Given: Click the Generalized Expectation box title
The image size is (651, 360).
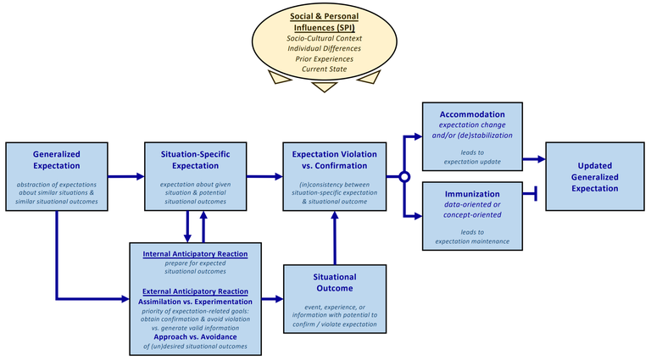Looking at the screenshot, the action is coord(57,160).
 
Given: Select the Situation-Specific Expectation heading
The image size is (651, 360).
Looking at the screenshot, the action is coord(195,160).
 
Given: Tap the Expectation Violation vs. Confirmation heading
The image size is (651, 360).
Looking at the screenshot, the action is coord(334,160).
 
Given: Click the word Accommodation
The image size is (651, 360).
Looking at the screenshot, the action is coord(472,114).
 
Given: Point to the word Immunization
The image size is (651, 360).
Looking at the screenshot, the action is coord(472,194).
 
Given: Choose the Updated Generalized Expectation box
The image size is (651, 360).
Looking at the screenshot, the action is coord(595,177).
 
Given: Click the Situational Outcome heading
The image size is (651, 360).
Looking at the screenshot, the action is coord(335,282).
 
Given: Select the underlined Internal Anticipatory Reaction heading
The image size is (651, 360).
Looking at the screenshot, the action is coord(195,254).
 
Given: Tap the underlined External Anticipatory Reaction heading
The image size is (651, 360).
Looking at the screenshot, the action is coord(195,291).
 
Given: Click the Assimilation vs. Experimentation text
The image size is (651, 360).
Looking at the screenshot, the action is coord(195,302).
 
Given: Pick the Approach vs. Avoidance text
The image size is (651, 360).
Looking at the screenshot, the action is coord(195,337).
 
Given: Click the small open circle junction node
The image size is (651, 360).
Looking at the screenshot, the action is coord(404,177).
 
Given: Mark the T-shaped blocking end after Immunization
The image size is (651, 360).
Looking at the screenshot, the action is coord(536,194).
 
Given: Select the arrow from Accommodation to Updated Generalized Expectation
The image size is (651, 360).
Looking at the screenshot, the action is coord(534,159).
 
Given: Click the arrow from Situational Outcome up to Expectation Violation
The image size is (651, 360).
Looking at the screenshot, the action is coord(335,238).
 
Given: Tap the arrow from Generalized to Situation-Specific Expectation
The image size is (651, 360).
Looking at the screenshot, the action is coord(125,177).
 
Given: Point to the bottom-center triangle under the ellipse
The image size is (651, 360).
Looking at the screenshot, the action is coord(325,86).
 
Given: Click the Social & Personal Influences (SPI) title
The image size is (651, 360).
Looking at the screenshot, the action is coord(325,22).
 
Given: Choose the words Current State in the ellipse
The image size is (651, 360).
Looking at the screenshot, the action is coord(325,69).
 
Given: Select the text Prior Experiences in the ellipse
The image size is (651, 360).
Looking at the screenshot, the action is coord(325,59).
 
